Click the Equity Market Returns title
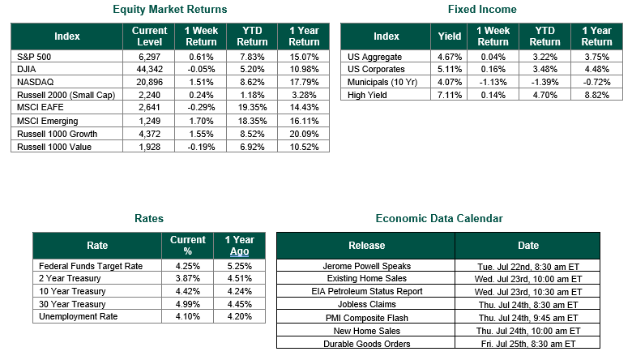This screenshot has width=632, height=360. pyautogui.click(x=169, y=9)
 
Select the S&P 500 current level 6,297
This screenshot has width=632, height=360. pyautogui.click(x=149, y=57)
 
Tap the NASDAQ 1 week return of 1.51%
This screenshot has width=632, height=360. pyautogui.click(x=201, y=82)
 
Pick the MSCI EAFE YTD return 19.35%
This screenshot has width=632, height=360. pyautogui.click(x=252, y=107)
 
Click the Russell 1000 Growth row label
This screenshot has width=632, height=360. pyautogui.click(x=57, y=134)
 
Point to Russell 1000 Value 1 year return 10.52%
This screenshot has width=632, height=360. pyautogui.click(x=304, y=147)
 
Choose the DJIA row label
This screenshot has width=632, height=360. pyautogui.click(x=26, y=70)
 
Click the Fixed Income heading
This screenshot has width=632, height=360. pyautogui.click(x=482, y=9)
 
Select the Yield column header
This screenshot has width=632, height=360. pyautogui.click(x=450, y=36)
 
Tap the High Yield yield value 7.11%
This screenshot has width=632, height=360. pyautogui.click(x=450, y=95)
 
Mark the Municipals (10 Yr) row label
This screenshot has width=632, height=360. pyautogui.click(x=382, y=82)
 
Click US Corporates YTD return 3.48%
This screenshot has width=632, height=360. pyautogui.click(x=545, y=70)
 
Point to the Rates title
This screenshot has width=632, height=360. pyautogui.click(x=149, y=218)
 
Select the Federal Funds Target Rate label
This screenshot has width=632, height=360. pyautogui.click(x=91, y=266)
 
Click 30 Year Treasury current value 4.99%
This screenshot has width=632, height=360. pyautogui.click(x=188, y=304)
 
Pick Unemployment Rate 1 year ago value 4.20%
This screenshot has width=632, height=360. pyautogui.click(x=239, y=316)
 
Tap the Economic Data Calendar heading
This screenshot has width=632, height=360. pyautogui.click(x=439, y=218)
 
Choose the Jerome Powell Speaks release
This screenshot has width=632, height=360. pyautogui.click(x=367, y=266)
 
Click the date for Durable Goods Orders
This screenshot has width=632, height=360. pyautogui.click(x=528, y=344)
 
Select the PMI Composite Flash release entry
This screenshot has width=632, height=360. pyautogui.click(x=367, y=318)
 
